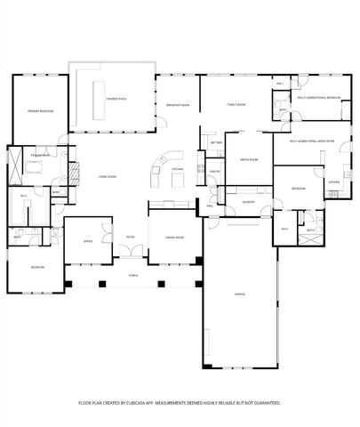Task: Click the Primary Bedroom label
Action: click(x=39, y=110)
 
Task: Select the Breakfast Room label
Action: click(x=177, y=105)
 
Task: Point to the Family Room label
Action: click(x=235, y=105)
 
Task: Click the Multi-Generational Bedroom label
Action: click(x=318, y=98)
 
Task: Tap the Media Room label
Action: click(x=248, y=160)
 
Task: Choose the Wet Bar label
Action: click(x=216, y=141)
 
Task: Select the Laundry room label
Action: click(x=248, y=202)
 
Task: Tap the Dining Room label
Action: click(x=174, y=238)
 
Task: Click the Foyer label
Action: click(x=130, y=237)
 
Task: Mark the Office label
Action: click(x=88, y=240)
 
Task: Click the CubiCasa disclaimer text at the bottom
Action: click(x=180, y=403)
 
